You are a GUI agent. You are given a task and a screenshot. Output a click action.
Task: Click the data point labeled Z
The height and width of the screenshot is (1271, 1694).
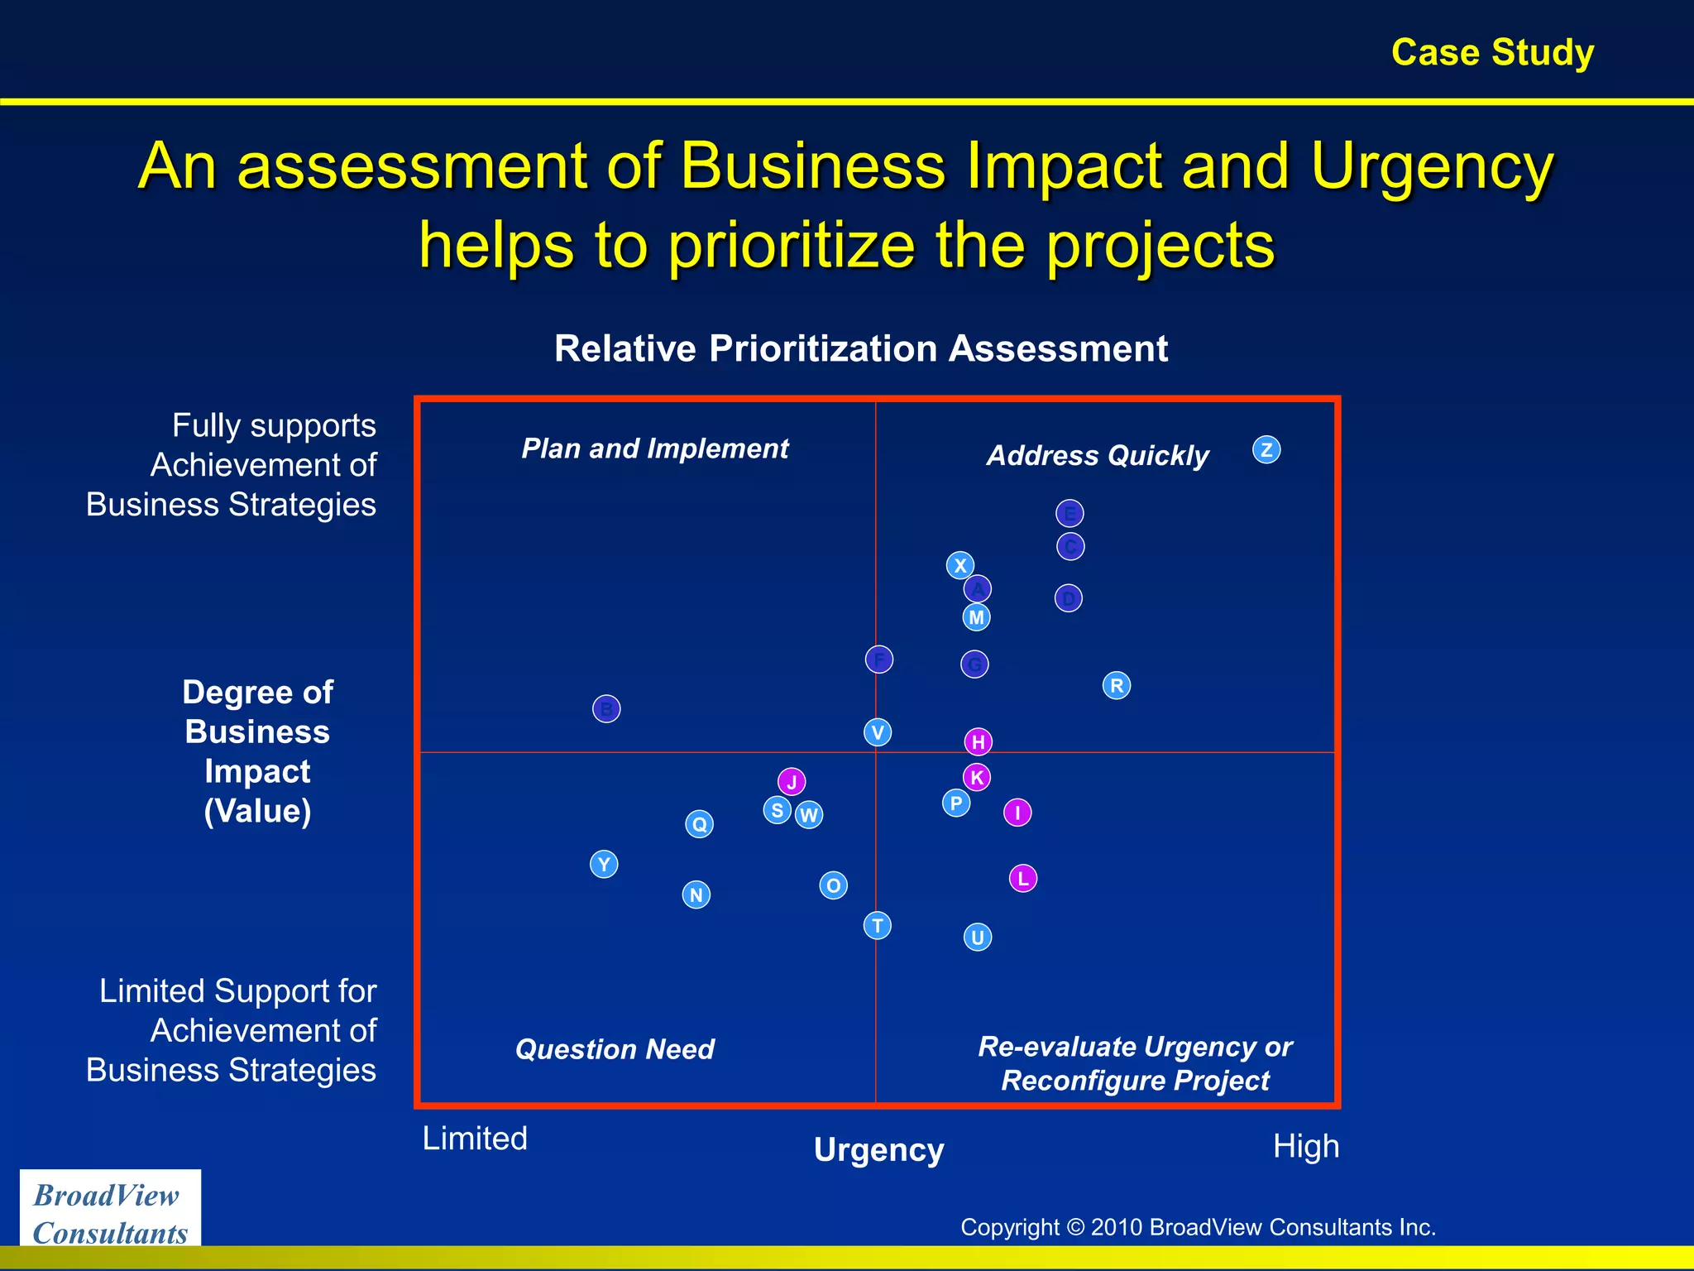tap(1266, 450)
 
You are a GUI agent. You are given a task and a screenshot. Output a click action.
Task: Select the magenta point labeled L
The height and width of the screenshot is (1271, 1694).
tap(1023, 878)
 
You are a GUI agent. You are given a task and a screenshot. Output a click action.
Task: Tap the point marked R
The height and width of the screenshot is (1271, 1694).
tap(1117, 685)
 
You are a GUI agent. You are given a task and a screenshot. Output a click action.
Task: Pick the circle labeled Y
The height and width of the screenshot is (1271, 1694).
tap(604, 864)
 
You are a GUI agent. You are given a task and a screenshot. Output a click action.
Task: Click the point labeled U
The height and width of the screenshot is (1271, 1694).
tap(978, 937)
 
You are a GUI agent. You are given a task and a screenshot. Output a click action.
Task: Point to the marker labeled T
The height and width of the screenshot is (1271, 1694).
tap(878, 925)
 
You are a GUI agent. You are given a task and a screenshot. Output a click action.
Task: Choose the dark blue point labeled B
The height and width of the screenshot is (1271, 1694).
tap(606, 708)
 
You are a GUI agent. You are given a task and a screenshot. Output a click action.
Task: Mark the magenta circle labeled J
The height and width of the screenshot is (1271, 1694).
tap(792, 781)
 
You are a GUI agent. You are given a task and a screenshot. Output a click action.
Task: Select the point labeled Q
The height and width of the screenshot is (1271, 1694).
tap(700, 823)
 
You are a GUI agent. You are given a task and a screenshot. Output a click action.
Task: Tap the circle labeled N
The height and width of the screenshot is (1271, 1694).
tap(696, 894)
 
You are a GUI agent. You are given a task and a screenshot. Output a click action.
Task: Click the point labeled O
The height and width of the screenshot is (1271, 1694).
tap(833, 885)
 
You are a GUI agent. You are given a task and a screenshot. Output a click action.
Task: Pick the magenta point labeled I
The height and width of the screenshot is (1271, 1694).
tap(1017, 813)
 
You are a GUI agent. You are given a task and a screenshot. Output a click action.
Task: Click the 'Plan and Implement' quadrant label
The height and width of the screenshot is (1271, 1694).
tap(655, 448)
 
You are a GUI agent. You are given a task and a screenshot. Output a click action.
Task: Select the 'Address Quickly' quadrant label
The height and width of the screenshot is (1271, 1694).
tap(1098, 455)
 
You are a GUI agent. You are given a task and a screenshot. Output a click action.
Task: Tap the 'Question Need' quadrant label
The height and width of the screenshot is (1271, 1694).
tap(615, 1049)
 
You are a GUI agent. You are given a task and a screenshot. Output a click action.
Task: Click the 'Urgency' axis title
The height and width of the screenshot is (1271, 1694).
tap(878, 1150)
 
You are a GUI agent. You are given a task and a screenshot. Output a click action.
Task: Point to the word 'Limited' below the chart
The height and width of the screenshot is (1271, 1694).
tap(475, 1139)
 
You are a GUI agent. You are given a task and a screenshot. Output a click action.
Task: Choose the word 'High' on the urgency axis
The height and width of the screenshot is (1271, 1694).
tap(1306, 1147)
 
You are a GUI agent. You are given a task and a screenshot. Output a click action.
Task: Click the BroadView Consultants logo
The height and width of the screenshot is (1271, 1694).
tap(110, 1213)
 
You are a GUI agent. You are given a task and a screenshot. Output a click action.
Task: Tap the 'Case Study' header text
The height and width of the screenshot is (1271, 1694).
tap(1492, 52)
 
